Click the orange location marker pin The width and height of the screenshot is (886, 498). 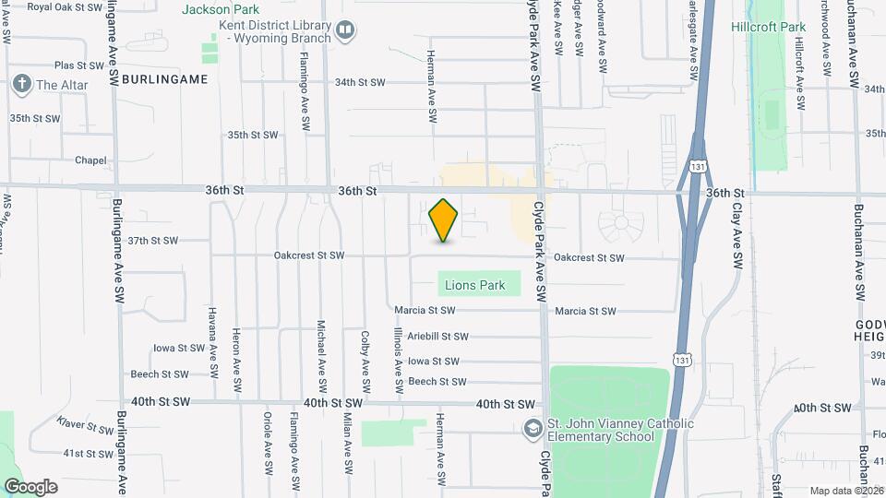(x=444, y=220)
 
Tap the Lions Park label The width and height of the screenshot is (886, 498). (x=474, y=285)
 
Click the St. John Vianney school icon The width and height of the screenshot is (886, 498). (x=533, y=429)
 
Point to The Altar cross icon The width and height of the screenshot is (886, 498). (x=22, y=85)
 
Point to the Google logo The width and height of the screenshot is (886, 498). (x=30, y=486)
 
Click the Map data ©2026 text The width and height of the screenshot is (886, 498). (x=844, y=491)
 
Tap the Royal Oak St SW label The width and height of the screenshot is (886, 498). (x=65, y=6)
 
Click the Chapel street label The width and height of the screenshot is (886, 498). (x=90, y=160)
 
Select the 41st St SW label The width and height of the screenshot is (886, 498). (x=88, y=453)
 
